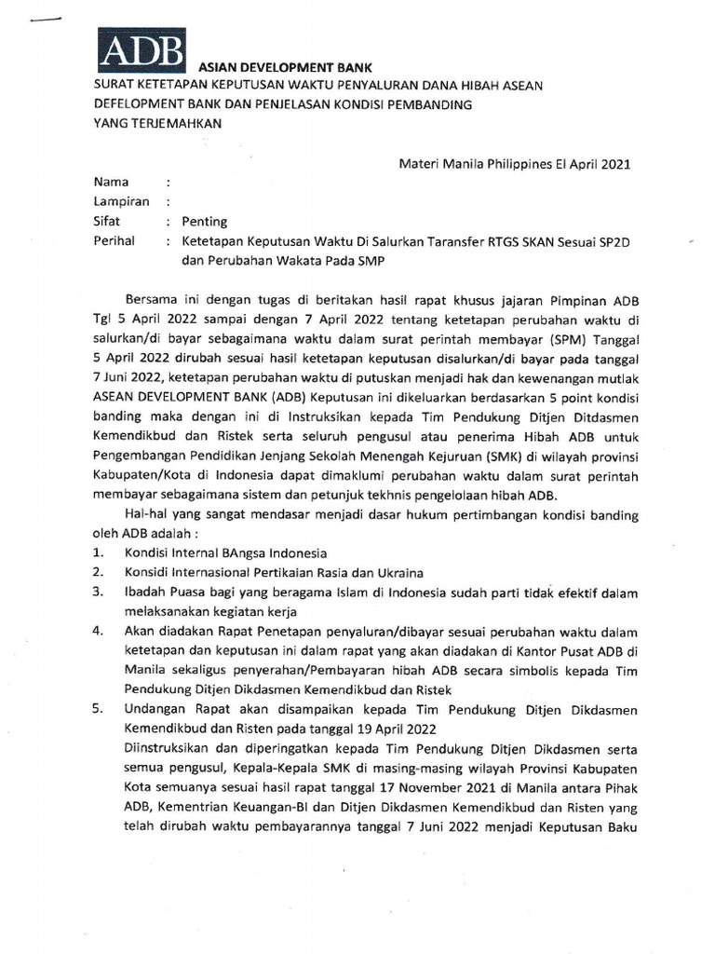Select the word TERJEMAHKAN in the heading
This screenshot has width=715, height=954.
(171, 124)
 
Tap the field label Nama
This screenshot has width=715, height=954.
(111, 183)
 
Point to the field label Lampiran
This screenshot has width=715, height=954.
(118, 201)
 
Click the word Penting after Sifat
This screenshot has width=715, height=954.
(204, 222)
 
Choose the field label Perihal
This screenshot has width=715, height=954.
(115, 241)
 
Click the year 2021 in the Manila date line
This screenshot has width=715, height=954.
(613, 163)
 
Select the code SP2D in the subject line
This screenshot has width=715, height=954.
(614, 241)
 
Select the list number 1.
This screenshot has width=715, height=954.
(98, 552)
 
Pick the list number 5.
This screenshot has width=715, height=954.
(98, 709)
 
